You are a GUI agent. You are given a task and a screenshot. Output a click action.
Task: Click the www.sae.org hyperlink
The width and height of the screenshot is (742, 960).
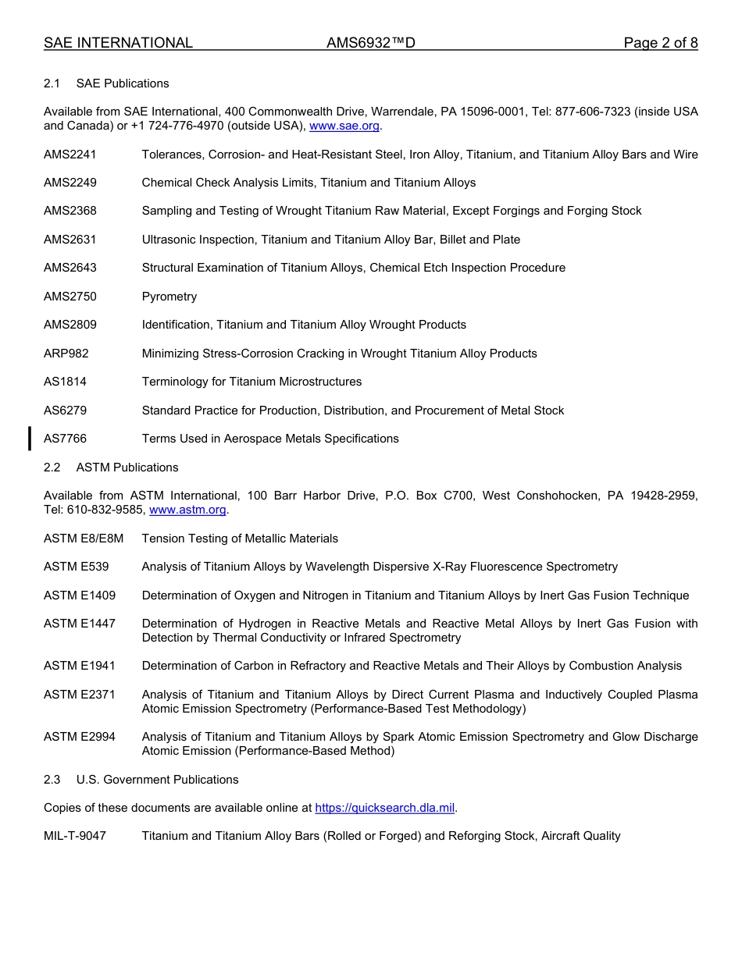(344, 126)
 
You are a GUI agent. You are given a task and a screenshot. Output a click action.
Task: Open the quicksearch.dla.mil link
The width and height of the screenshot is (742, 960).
(384, 808)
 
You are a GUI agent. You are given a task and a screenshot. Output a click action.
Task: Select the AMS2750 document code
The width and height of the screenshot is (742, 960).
(70, 297)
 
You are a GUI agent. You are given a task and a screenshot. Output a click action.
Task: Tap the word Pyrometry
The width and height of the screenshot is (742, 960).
(169, 297)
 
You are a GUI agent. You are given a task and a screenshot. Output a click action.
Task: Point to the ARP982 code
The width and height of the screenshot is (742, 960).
(66, 354)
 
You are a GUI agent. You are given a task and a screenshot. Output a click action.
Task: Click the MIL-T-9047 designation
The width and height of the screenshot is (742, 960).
(75, 836)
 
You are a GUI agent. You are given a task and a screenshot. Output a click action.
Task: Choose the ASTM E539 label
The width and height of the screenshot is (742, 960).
(77, 567)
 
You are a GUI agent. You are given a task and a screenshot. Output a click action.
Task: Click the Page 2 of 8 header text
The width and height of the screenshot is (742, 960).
(660, 43)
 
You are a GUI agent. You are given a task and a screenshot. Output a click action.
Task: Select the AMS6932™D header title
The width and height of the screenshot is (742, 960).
(370, 43)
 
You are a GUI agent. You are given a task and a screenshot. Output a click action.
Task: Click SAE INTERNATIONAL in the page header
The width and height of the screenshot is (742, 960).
(118, 43)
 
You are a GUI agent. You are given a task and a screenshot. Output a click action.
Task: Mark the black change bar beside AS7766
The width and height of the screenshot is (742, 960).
(30, 439)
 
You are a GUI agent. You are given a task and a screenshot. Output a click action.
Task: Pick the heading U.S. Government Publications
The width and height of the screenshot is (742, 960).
(157, 780)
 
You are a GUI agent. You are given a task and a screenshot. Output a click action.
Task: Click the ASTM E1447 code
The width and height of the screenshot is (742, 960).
(80, 624)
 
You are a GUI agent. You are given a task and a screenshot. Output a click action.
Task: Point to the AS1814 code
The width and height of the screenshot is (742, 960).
(66, 382)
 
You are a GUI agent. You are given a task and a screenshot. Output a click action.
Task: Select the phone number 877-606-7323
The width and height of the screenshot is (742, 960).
(588, 112)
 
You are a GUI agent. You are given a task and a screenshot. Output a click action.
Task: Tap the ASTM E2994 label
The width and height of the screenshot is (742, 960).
(80, 737)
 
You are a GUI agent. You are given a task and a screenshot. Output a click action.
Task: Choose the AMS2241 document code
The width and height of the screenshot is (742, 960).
(70, 155)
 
